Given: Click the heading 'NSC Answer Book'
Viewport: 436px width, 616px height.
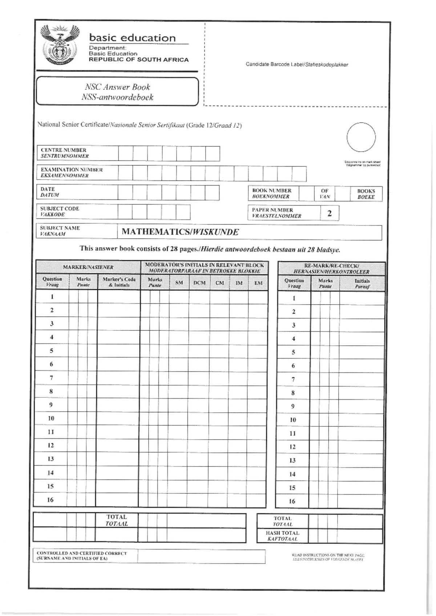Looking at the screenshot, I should point(117,87).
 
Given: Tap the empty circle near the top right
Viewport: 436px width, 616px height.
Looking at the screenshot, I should point(361,137).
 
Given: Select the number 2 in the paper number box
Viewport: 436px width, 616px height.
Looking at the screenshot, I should point(329,213).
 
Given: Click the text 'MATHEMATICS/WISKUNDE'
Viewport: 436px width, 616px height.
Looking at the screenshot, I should point(180,232).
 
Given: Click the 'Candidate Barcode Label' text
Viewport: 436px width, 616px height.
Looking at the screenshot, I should point(296,65).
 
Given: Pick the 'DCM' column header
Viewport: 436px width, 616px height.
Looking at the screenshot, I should point(199,283).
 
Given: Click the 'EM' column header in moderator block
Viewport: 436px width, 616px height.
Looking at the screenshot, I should point(258,283).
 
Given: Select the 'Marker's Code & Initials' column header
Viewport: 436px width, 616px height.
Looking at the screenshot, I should point(119,282).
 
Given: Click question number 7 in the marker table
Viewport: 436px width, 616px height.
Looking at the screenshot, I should point(51,378).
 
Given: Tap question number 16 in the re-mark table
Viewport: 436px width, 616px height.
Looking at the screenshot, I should point(292,501).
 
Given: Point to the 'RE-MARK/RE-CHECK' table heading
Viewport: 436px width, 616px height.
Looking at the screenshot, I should point(331,269).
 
